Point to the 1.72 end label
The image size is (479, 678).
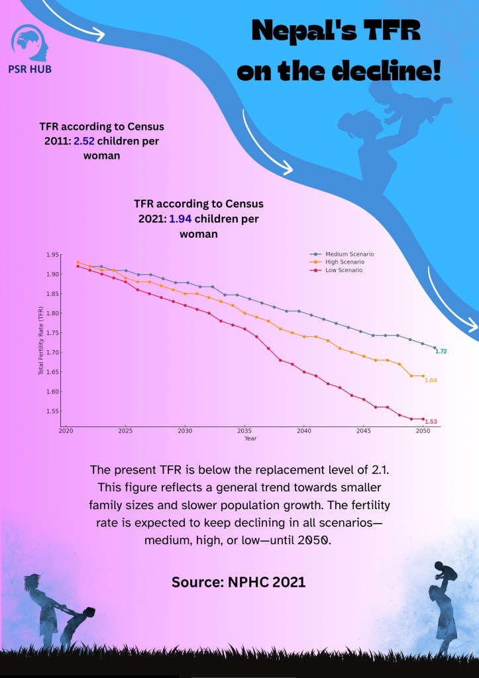pos(441,351)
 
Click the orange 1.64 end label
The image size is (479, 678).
pos(431,381)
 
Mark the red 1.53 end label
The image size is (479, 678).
pos(431,422)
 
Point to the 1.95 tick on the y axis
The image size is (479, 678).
pos(52,254)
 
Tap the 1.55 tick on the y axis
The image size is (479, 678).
pos(52,411)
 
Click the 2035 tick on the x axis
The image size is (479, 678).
pos(244,431)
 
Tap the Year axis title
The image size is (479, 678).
pos(250,438)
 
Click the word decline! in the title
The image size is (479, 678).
pos(396,72)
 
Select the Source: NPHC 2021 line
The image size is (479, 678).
pos(239,583)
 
